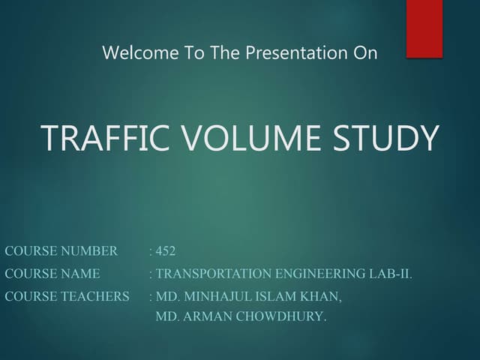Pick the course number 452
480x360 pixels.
tap(166, 250)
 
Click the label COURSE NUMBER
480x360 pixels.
tap(61, 250)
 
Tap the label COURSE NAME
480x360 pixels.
tap(52, 274)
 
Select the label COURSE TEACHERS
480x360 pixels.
tap(67, 296)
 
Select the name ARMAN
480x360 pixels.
tap(205, 316)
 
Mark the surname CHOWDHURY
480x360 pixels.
tap(281, 316)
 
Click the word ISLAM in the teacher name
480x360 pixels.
tap(277, 296)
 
